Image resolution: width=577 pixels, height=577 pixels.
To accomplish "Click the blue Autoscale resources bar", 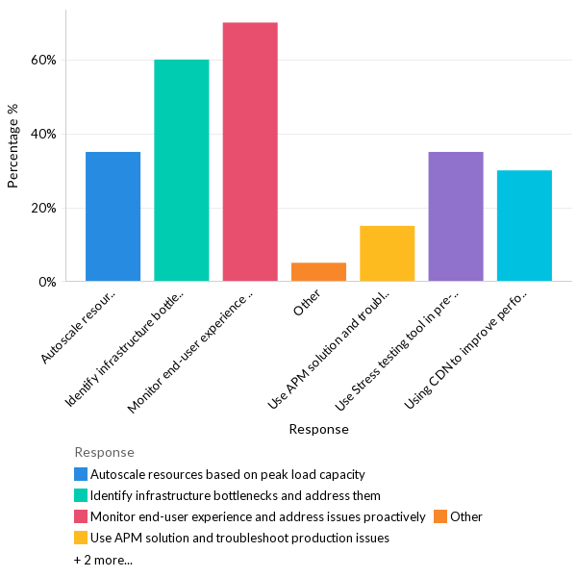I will pyautogui.click(x=113, y=216).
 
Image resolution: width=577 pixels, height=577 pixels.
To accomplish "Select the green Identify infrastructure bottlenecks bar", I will pyautogui.click(x=182, y=170).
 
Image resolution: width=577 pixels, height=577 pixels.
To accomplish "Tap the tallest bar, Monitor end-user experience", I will pyautogui.click(x=250, y=152).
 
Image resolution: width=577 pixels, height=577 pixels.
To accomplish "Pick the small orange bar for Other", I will pyautogui.click(x=318, y=272).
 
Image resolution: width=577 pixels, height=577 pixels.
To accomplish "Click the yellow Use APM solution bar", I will pyautogui.click(x=387, y=254).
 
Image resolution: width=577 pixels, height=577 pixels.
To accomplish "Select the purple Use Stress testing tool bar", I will pyautogui.click(x=456, y=216).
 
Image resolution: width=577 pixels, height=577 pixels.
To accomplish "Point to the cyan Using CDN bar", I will pyautogui.click(x=524, y=226).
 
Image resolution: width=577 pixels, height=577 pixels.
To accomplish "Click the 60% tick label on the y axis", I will pyautogui.click(x=43, y=60).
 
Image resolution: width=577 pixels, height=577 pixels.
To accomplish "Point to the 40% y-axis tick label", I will pyautogui.click(x=43, y=134).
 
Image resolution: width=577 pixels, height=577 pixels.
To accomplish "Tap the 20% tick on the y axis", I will pyautogui.click(x=43, y=208).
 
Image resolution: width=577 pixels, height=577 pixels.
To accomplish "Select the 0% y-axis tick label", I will pyautogui.click(x=47, y=282).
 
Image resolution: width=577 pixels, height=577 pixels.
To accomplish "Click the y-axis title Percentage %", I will pyautogui.click(x=13, y=145).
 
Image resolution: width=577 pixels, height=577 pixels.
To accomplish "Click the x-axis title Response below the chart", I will pyautogui.click(x=318, y=429).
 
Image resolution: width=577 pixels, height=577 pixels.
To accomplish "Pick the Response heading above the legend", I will pyautogui.click(x=104, y=452).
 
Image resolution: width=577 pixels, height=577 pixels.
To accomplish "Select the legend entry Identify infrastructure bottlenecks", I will pyautogui.click(x=235, y=495).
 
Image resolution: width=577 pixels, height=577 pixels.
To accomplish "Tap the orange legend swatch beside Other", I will pyautogui.click(x=439, y=516).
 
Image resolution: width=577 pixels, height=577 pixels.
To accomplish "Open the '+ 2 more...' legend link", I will pyautogui.click(x=103, y=560).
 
